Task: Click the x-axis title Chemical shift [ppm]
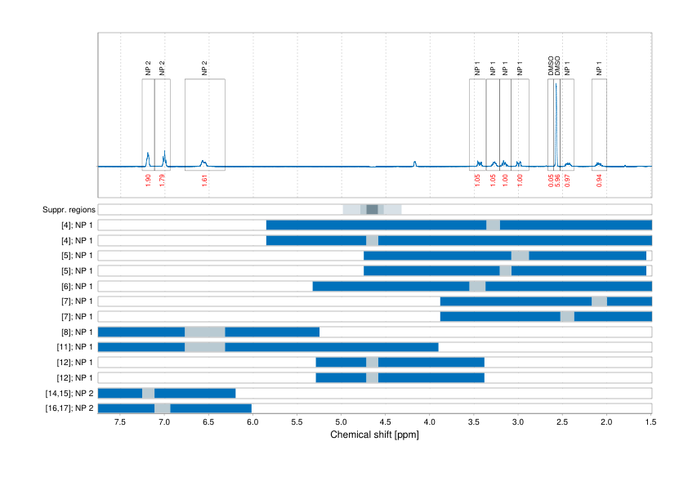374,435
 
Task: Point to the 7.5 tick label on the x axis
120,423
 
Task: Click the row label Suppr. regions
68,210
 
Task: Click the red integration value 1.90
148,181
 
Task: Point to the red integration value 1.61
204,181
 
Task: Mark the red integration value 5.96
557,181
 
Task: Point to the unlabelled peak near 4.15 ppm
415,163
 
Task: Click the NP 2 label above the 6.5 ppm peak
204,69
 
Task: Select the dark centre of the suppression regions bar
372,210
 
